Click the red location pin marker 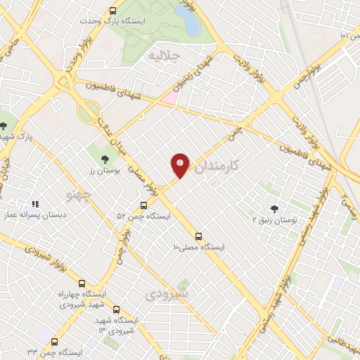click(x=180, y=165)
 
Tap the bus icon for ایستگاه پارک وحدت click(x=113, y=11)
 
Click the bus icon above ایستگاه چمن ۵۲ click(x=143, y=205)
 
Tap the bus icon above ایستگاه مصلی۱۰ click(x=198, y=236)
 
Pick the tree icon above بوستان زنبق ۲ click(x=274, y=209)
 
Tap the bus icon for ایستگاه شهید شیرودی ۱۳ click(x=116, y=309)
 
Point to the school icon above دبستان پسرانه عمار click(x=34, y=204)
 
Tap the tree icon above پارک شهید click(x=5, y=126)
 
